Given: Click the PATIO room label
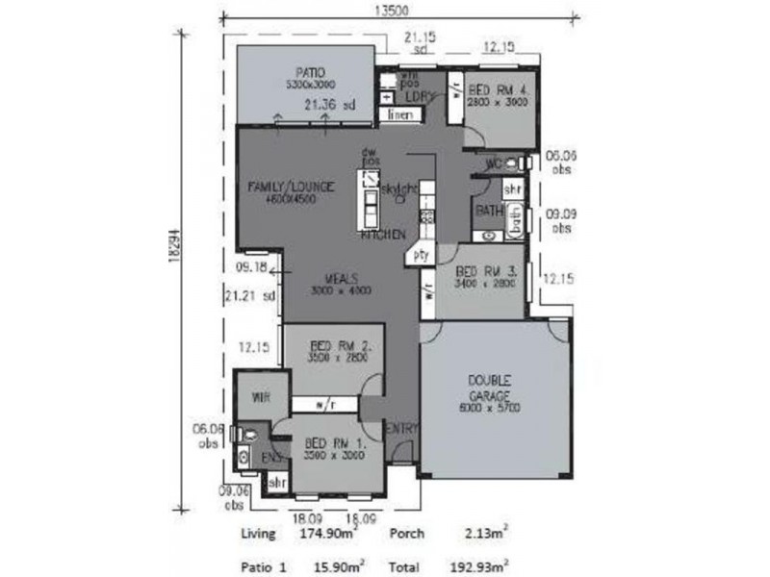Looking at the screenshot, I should [x=310, y=72].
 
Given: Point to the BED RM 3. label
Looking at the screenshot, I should [x=487, y=272].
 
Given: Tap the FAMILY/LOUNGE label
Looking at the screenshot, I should [x=291, y=186].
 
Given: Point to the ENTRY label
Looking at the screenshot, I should [x=401, y=428].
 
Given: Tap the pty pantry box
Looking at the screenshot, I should [x=420, y=256].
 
